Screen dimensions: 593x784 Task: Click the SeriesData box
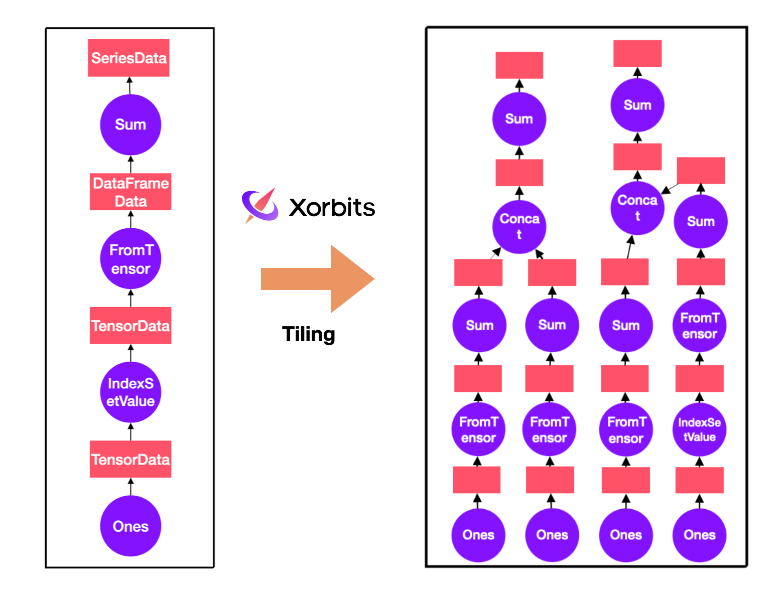pos(128,58)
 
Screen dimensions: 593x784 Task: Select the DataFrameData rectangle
pos(130,192)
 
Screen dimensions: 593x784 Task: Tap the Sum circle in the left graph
pos(130,124)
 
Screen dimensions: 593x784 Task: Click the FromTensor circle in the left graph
pos(130,259)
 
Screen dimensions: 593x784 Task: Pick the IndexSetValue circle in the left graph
pos(130,392)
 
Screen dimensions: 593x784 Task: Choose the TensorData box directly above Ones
pos(130,459)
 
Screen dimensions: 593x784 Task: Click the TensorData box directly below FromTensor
pos(130,326)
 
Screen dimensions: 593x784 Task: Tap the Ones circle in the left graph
pos(130,526)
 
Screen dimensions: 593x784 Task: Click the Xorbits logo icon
pos(260,206)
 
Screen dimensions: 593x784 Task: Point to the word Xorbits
pos(332,208)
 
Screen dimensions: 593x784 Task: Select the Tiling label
pos(308,334)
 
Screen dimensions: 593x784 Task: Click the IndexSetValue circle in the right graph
pos(699,429)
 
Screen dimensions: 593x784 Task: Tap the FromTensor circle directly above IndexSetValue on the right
pos(699,326)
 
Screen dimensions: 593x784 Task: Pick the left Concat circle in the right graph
pos(519,226)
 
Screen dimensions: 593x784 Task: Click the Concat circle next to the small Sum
pos(637,208)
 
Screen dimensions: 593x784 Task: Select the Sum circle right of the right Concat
pos(701,221)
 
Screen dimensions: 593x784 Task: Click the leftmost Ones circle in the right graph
pos(478,535)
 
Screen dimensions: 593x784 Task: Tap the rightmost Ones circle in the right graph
pos(699,535)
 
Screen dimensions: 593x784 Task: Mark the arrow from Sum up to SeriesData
pos(129,85)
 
